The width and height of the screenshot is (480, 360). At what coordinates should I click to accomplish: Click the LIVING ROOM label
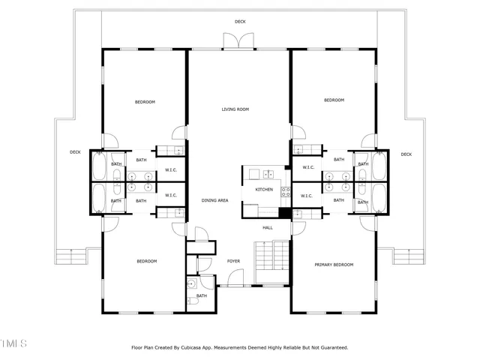pyautogui.click(x=235, y=109)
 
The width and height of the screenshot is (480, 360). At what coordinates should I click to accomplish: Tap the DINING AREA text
pyautogui.click(x=214, y=200)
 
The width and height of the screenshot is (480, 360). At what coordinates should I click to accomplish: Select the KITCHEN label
pyautogui.click(x=264, y=190)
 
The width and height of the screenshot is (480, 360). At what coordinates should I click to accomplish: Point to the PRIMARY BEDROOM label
pyautogui.click(x=334, y=265)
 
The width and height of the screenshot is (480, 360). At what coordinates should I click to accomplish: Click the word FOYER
pyautogui.click(x=234, y=261)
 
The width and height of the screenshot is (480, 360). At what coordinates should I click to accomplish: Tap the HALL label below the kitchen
pyautogui.click(x=268, y=227)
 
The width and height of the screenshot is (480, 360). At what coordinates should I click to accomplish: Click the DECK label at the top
pyautogui.click(x=240, y=22)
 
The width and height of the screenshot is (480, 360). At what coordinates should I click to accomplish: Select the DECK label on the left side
pyautogui.click(x=75, y=152)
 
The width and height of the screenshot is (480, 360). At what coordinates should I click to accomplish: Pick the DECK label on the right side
pyautogui.click(x=406, y=154)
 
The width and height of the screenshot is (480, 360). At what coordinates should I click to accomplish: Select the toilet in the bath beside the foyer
pyautogui.click(x=193, y=284)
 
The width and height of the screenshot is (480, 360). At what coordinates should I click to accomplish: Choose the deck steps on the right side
pyautogui.click(x=409, y=257)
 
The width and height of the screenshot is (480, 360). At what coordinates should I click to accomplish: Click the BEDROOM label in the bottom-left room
pyautogui.click(x=146, y=261)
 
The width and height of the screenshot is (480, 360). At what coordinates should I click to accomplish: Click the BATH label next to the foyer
pyautogui.click(x=202, y=295)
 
